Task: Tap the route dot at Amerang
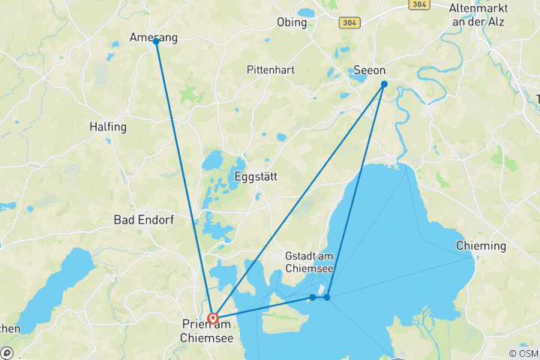click(x=156, y=41)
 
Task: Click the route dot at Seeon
click(x=383, y=84)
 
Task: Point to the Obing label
click(x=292, y=22)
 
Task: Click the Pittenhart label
click(x=270, y=70)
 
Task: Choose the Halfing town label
click(x=108, y=127)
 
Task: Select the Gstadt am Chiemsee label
click(x=310, y=262)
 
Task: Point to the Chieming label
click(x=481, y=246)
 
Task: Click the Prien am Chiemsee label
click(x=208, y=331)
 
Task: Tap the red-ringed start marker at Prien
click(x=213, y=317)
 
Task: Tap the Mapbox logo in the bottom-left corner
click(x=7, y=352)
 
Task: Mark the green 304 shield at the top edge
click(x=419, y=4)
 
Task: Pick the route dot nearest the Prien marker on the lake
click(x=313, y=298)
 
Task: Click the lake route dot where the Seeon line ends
click(x=327, y=298)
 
